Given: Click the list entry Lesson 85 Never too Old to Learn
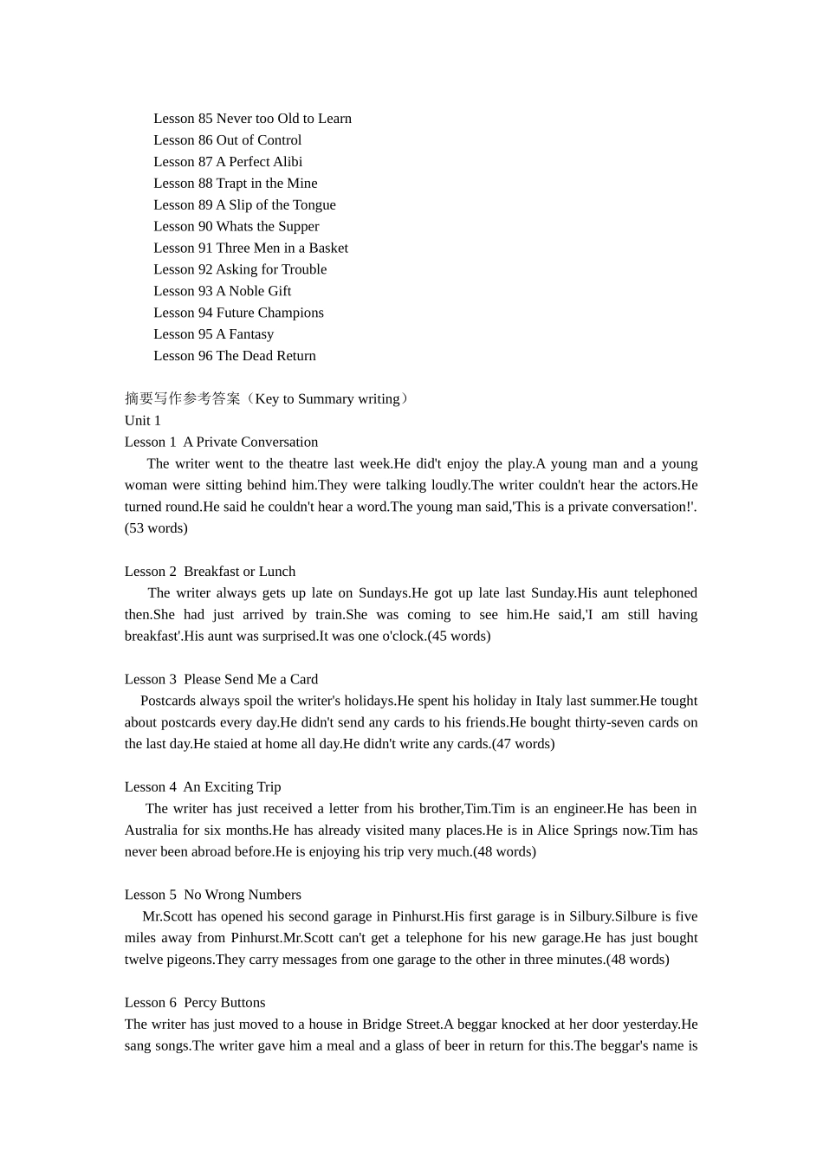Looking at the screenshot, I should (x=252, y=119).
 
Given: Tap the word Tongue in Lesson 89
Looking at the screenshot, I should (x=314, y=205).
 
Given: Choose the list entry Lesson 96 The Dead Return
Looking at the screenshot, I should (x=235, y=356).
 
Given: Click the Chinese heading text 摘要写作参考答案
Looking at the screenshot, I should (x=183, y=399).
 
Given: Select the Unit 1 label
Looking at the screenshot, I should (x=143, y=421).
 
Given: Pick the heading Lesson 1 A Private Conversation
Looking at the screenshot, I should (x=221, y=443).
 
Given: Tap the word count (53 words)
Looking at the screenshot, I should (x=156, y=528).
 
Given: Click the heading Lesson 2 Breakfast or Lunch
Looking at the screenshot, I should (x=210, y=572).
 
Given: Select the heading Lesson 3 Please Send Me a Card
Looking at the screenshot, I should (x=221, y=680).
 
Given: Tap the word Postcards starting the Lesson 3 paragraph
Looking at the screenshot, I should (x=169, y=701).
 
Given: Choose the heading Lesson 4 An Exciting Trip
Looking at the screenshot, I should (x=203, y=787).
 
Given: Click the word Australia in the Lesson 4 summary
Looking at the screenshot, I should (x=151, y=831).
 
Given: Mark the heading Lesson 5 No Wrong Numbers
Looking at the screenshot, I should (x=213, y=895).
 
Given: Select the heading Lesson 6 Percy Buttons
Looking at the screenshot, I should (x=195, y=1003).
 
